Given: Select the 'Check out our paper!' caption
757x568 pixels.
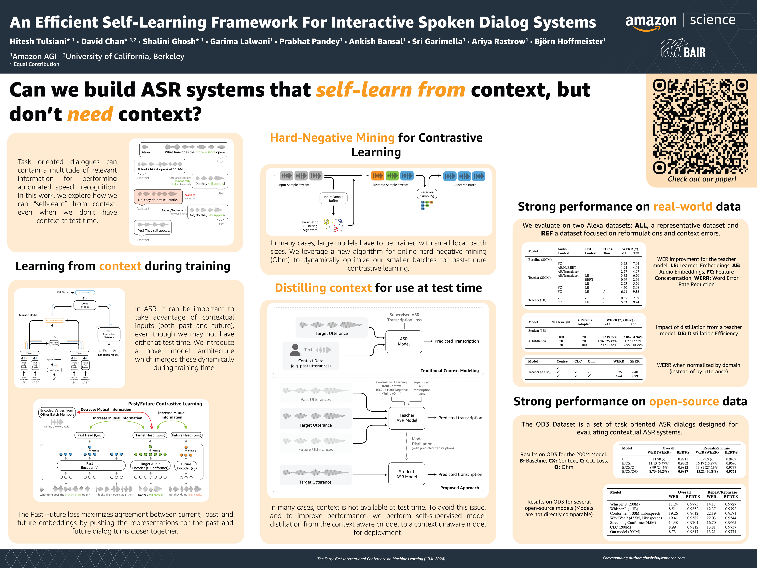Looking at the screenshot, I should (702, 179).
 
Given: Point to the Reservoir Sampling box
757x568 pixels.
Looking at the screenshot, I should (427, 194).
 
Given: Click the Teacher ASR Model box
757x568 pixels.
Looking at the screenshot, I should (406, 418).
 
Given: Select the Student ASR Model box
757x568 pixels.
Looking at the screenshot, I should (406, 474).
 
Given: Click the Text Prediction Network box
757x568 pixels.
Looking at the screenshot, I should (109, 334).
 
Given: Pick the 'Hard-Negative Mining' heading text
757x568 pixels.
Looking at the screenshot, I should (332, 138).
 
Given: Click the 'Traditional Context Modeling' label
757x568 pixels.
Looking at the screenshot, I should (449, 370).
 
